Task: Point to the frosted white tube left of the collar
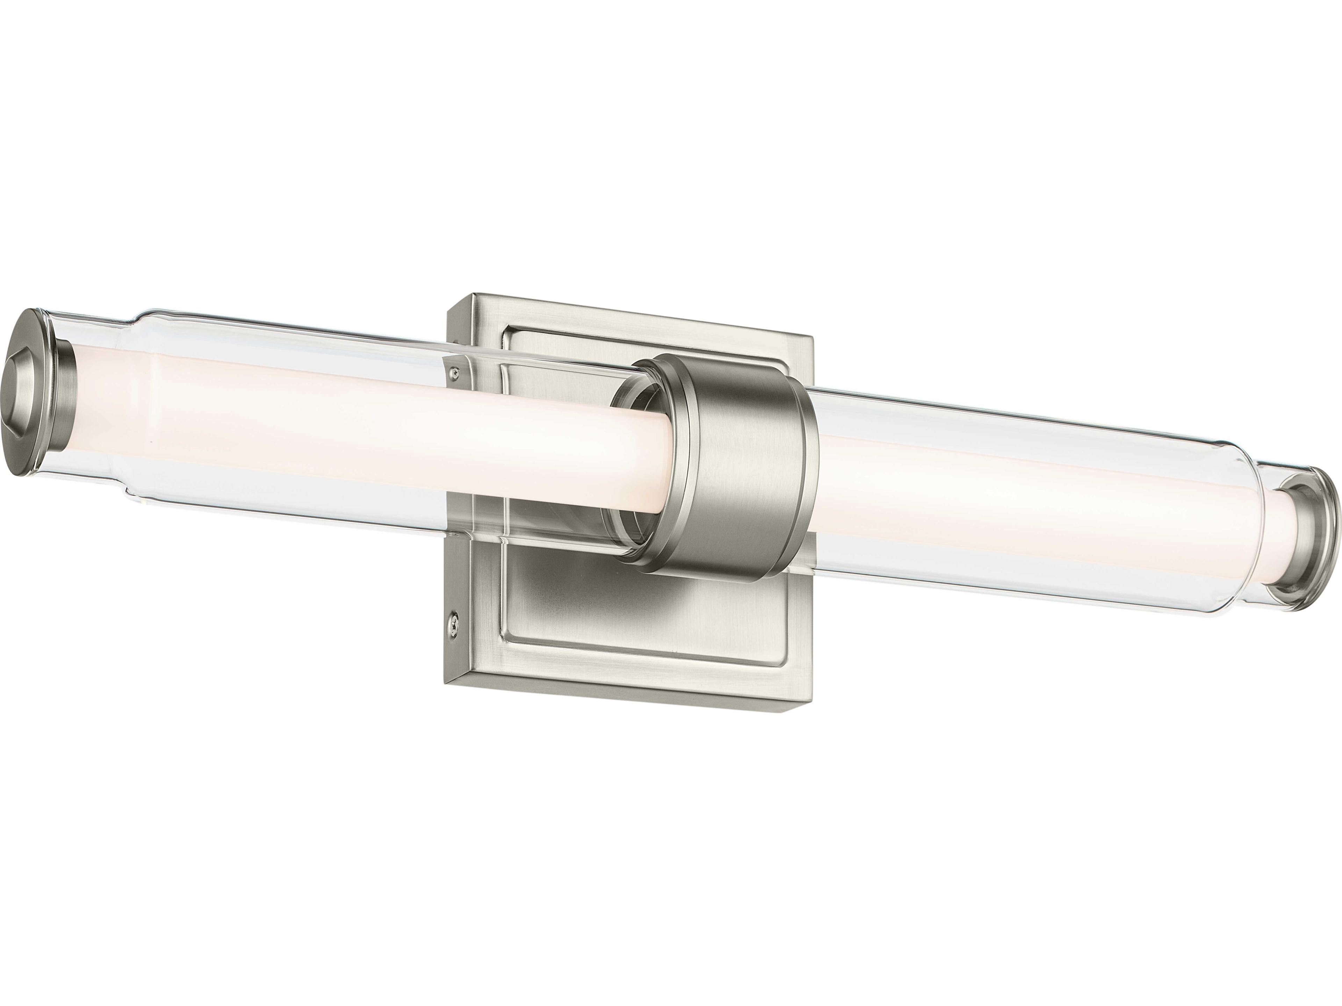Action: [x=364, y=437]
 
